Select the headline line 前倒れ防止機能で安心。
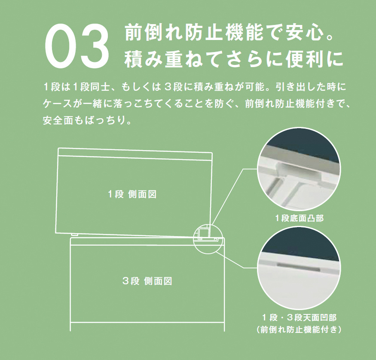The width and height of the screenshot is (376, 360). [x=229, y=33]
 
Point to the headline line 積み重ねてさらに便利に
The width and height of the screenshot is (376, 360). [x=234, y=59]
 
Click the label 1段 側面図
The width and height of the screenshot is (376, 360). [x=132, y=194]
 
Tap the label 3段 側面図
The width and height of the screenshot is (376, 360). [x=147, y=281]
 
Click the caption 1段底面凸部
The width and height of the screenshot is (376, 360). [x=299, y=218]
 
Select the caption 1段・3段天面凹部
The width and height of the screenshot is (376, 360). [x=299, y=318]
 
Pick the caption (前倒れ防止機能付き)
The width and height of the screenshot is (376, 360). [x=299, y=330]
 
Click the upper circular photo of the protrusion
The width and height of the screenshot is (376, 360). [x=299, y=169]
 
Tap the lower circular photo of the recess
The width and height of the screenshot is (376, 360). [x=299, y=268]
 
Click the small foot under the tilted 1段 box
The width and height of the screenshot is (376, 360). [x=74, y=234]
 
